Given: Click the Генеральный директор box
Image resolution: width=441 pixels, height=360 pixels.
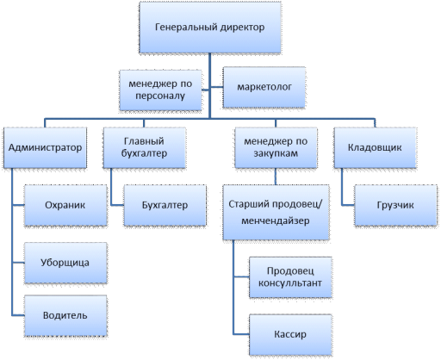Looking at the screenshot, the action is tap(210, 28).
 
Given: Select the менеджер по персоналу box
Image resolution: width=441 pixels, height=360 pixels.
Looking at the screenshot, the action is tap(160, 90).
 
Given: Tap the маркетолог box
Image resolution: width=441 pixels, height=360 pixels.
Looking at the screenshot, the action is tap(264, 87).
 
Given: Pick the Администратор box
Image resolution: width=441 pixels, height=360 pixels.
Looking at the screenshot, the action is tap(45, 147).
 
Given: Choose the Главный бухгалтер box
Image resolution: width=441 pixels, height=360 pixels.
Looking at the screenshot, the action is tap(144, 147).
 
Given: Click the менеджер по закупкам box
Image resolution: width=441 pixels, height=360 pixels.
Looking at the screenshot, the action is tap(276, 147).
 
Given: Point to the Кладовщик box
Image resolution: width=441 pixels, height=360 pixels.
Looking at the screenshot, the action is tap(375, 147).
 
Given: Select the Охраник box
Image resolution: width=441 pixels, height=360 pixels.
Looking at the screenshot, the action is tap(65, 205).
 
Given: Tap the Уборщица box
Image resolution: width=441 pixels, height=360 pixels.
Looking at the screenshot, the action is tap(65, 263).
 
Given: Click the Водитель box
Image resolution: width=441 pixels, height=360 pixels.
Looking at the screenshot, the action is tap(65, 315).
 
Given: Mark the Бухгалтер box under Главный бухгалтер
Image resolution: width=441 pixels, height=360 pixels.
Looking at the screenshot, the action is tap(165, 205).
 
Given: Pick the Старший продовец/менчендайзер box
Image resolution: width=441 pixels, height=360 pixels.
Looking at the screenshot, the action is tap(276, 213).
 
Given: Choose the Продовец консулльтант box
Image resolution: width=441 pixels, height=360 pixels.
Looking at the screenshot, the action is tap(290, 277).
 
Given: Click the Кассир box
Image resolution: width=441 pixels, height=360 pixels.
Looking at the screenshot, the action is tap(290, 335).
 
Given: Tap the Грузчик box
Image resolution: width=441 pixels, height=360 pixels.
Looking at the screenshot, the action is tap(395, 205).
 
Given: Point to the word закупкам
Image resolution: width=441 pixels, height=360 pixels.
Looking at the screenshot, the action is tap(276, 153).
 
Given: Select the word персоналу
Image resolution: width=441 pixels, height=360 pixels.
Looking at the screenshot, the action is tap(160, 96).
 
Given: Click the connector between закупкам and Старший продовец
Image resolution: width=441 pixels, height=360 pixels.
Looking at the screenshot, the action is tap(276, 177).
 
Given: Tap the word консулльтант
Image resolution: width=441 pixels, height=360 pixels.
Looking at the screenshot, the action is tap(290, 283).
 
